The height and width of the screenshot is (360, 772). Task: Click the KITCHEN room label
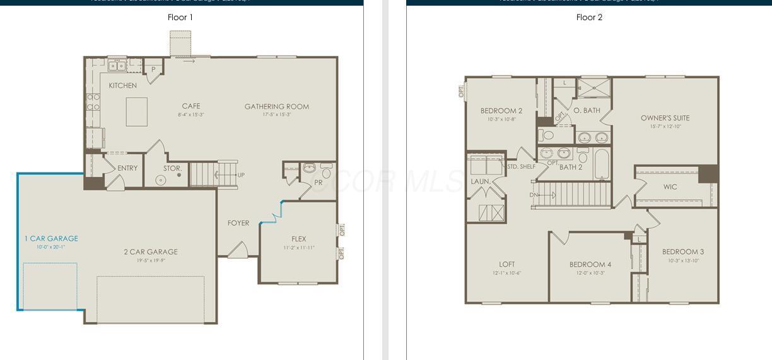[x=122, y=86]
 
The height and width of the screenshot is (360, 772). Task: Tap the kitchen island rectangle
[x=137, y=112]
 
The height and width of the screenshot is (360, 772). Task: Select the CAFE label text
[x=190, y=106]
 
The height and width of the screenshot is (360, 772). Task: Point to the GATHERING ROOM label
[x=277, y=107]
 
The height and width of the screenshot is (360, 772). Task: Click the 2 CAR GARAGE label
[x=150, y=252]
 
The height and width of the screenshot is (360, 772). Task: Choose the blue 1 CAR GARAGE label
[x=51, y=238]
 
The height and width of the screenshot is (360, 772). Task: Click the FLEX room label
[x=299, y=239]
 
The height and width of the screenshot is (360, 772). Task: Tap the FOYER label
[x=238, y=223]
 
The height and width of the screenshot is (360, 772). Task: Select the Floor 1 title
[x=180, y=17]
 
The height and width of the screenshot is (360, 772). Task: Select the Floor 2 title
[x=589, y=17]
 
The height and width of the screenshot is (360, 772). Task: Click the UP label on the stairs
[x=241, y=175]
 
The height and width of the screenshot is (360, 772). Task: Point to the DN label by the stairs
[x=533, y=195]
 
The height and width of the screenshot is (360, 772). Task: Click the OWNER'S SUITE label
[x=665, y=118]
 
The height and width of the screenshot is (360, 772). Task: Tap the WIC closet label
[x=670, y=187]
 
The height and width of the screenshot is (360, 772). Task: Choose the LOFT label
[x=506, y=264]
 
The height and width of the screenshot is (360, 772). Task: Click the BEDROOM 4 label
[x=590, y=264]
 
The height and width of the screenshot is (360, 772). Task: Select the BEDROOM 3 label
[x=683, y=252]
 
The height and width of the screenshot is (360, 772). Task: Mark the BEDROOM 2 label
[x=501, y=111]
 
